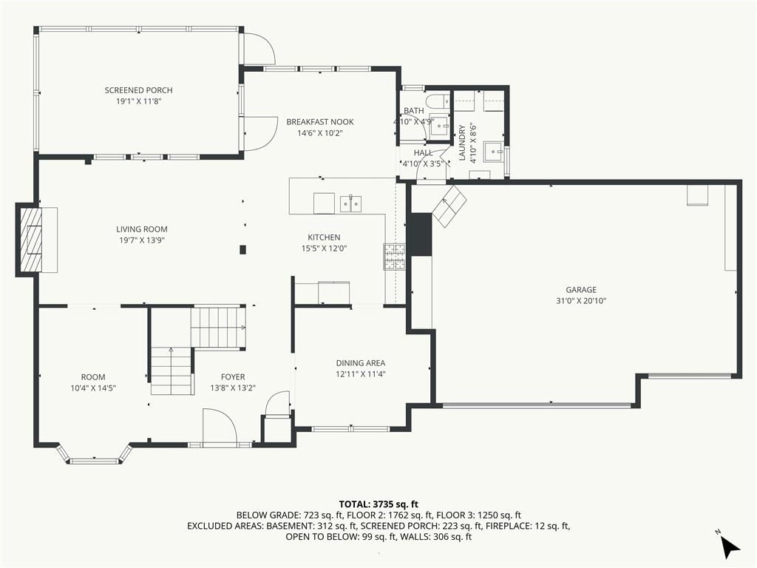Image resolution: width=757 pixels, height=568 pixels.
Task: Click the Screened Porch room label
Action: [138, 90]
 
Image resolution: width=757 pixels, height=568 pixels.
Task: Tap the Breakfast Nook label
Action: [320, 122]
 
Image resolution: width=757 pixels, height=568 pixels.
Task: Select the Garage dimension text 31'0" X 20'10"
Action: [581, 301]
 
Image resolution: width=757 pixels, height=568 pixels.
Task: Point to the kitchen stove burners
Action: [395, 257]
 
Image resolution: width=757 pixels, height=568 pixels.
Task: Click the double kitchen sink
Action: [351, 204]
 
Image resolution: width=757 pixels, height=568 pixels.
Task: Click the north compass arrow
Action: [730, 547]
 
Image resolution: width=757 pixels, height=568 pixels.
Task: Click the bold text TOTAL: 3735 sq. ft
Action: [378, 505]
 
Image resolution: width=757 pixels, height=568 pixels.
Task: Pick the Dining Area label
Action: [361, 363]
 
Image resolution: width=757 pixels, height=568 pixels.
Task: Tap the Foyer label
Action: [233, 377]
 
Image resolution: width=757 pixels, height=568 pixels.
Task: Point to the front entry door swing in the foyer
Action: [220, 425]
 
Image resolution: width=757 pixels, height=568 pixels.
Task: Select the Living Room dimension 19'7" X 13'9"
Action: [142, 240]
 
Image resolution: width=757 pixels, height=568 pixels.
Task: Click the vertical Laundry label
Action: [462, 143]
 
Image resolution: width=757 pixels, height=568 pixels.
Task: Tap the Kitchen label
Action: [324, 237]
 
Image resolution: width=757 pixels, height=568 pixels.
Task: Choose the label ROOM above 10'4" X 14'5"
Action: [93, 377]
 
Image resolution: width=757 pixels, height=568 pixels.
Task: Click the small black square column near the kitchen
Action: [243, 250]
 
